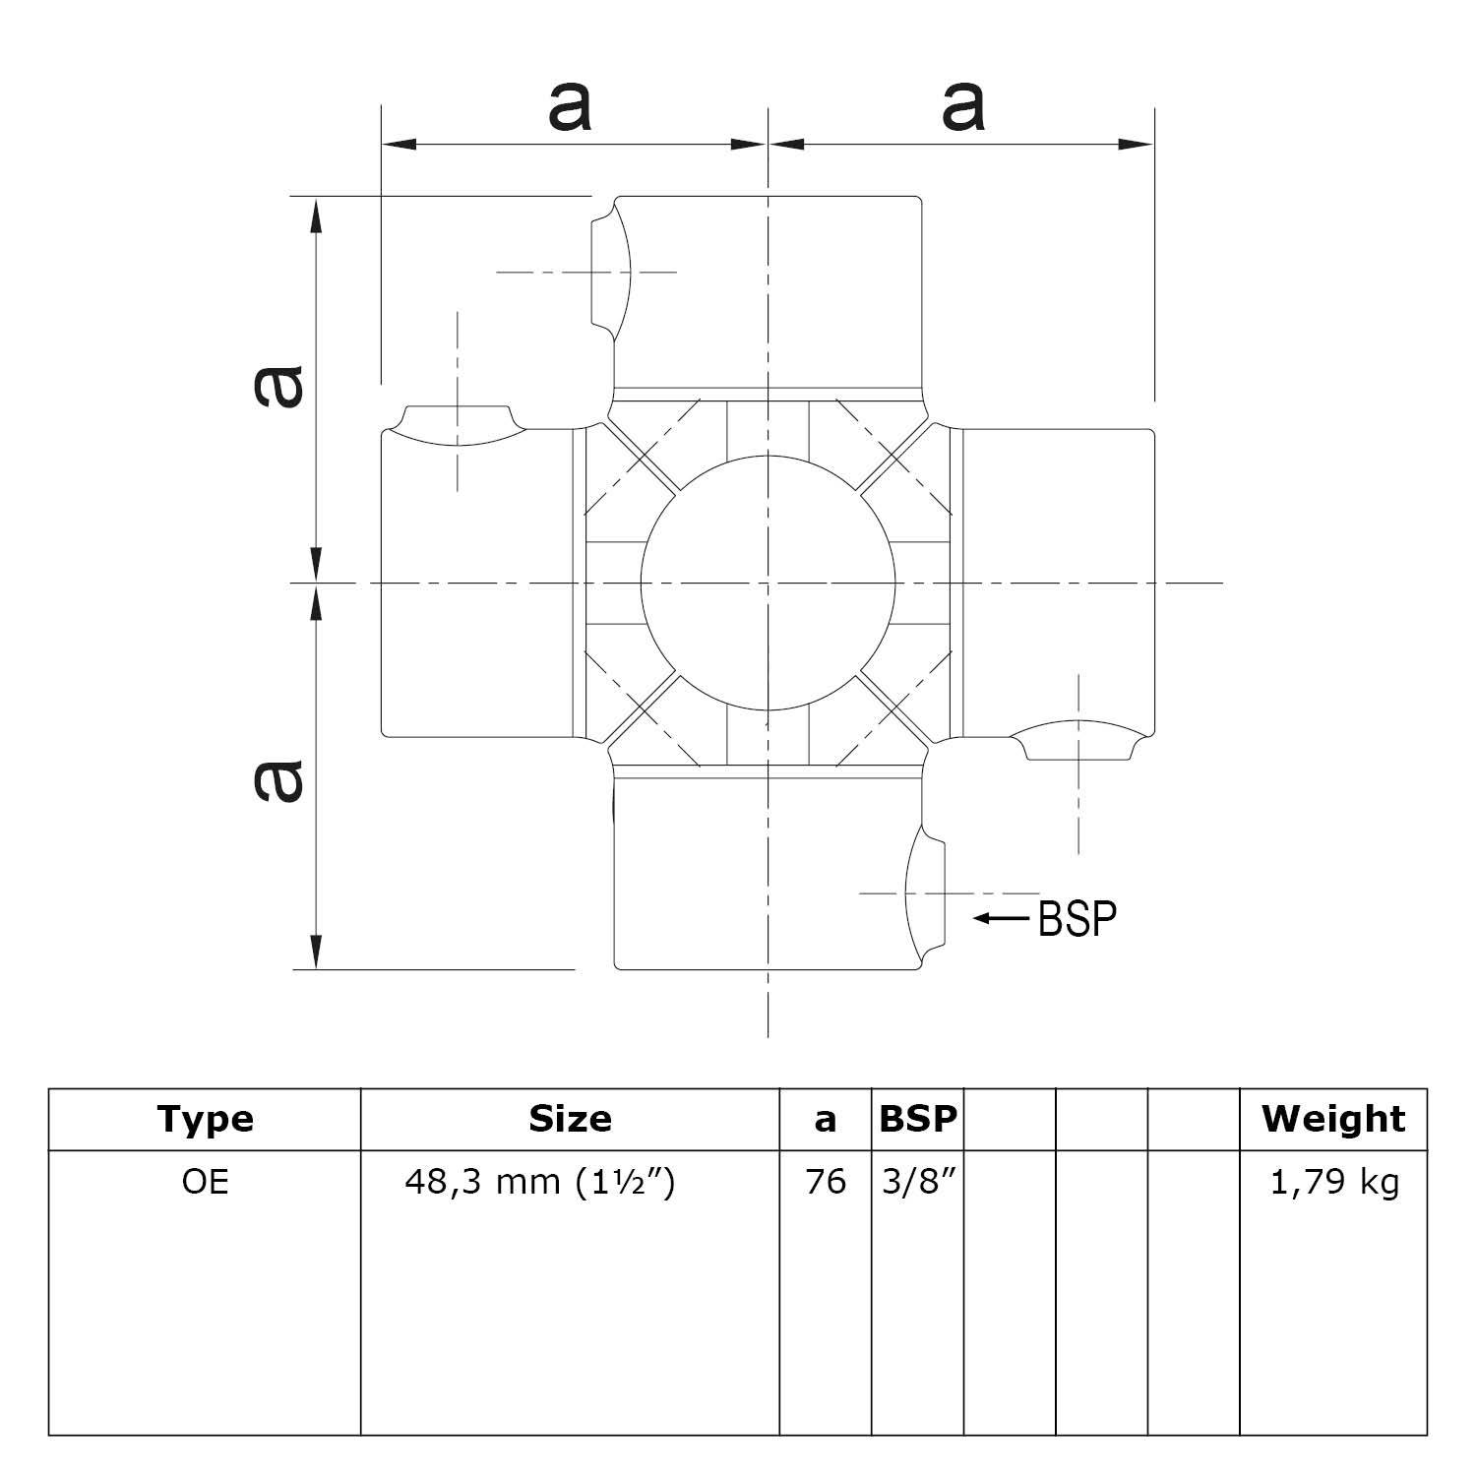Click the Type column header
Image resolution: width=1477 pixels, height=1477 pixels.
pos(205,1119)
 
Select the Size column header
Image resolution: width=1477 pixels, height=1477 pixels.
pos(570,1119)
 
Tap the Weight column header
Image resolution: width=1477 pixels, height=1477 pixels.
pos(1333,1119)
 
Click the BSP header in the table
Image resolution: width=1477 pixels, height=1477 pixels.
pos(917,1119)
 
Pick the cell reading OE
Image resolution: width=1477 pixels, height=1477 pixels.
pos(205,1181)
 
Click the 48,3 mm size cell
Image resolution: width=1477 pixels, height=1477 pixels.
pos(540,1181)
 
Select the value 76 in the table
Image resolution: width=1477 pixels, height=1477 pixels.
pos(825,1181)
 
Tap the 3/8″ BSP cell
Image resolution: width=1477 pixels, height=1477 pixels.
pos(917,1181)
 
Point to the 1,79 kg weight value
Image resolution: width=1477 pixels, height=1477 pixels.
pos(1333,1181)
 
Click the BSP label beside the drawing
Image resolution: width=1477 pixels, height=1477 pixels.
pos(1078,918)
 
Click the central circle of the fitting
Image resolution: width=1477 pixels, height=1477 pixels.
pos(768,583)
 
